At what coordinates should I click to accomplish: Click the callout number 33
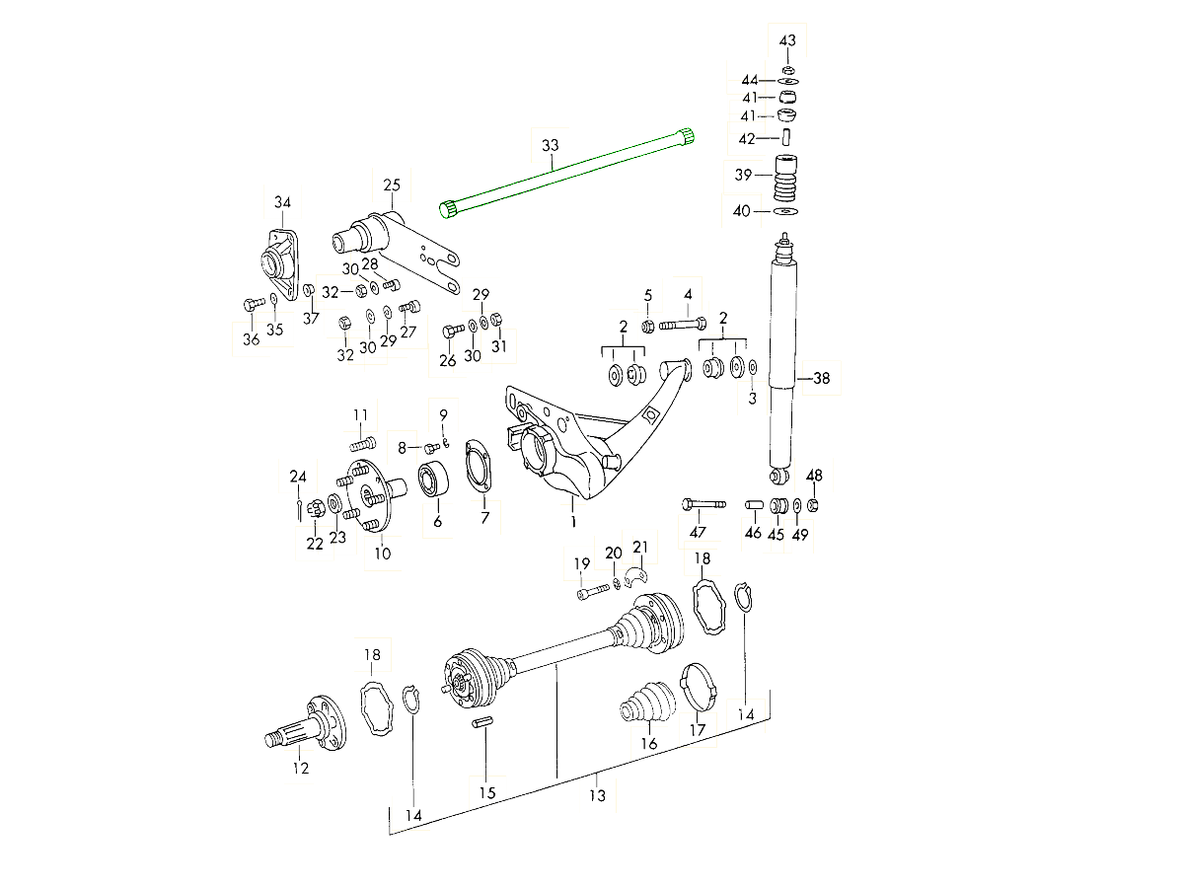pyautogui.click(x=550, y=146)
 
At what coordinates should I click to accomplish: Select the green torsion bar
pyautogui.click(x=567, y=172)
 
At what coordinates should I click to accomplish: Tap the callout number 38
pyautogui.click(x=821, y=378)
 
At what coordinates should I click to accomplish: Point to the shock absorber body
pyautogui.click(x=782, y=355)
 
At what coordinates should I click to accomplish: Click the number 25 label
pyautogui.click(x=392, y=185)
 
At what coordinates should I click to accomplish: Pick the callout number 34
pyautogui.click(x=283, y=203)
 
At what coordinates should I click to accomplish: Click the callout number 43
pyautogui.click(x=787, y=40)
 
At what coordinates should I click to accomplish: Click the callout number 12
pyautogui.click(x=300, y=768)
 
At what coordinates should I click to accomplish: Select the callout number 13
pyautogui.click(x=597, y=796)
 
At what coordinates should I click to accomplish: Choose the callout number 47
pyautogui.click(x=699, y=532)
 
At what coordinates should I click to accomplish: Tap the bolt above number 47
pyautogui.click(x=703, y=505)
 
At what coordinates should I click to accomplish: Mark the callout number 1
pyautogui.click(x=571, y=520)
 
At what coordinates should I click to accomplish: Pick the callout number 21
pyautogui.click(x=640, y=547)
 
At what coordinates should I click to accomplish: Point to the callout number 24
pyautogui.click(x=298, y=477)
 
